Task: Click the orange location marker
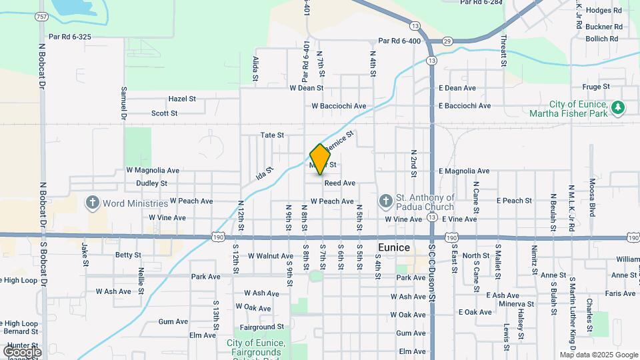pyautogui.click(x=321, y=159)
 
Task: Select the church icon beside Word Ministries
pyautogui.click(x=93, y=203)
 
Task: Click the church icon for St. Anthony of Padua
pyautogui.click(x=385, y=201)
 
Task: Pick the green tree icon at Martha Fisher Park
pyautogui.click(x=618, y=107)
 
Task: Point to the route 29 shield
pyautogui.click(x=447, y=41)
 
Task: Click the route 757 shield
pyautogui.click(x=42, y=17)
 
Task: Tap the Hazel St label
pyautogui.click(x=182, y=99)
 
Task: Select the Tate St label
pyautogui.click(x=272, y=135)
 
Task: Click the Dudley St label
pyautogui.click(x=151, y=183)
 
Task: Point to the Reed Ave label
pyautogui.click(x=340, y=183)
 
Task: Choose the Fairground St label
pyautogui.click(x=262, y=327)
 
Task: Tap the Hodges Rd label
pyautogui.click(x=604, y=11)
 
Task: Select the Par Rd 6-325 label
pyautogui.click(x=70, y=37)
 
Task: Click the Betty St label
pyautogui.click(x=128, y=255)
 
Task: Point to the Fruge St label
pyautogui.click(x=596, y=87)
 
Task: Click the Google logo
pyautogui.click(x=22, y=351)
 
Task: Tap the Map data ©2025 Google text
pyautogui.click(x=599, y=355)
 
